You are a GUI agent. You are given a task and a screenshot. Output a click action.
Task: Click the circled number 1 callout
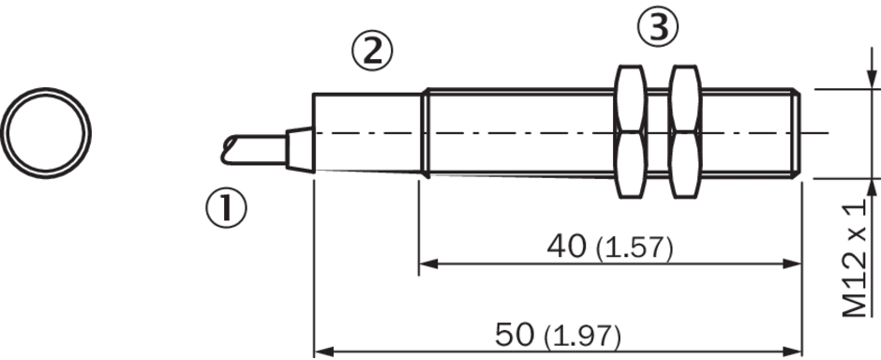pyautogui.click(x=226, y=208)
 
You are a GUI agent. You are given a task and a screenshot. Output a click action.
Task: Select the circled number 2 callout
pyautogui.click(x=372, y=51)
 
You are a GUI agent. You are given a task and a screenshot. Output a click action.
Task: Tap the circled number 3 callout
pyautogui.click(x=658, y=26)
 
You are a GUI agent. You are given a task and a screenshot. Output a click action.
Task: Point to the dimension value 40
pyautogui.click(x=566, y=247)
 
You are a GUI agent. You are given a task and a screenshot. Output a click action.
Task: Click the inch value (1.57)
pyautogui.click(x=634, y=248)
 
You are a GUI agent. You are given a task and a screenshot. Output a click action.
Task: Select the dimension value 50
pyautogui.click(x=515, y=336)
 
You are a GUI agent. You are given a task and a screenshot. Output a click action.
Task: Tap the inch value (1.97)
pyautogui.click(x=583, y=337)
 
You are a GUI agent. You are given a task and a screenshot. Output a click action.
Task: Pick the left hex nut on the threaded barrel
pyautogui.click(x=631, y=132)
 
